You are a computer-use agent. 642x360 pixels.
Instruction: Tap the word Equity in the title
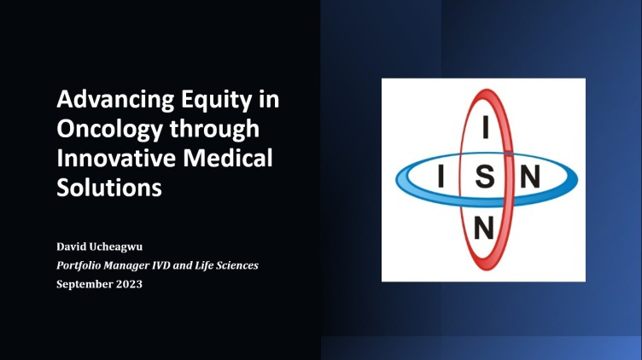coord(217,100)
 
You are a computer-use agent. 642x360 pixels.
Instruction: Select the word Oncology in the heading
coord(110,130)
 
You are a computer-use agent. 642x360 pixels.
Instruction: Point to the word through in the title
coord(214,130)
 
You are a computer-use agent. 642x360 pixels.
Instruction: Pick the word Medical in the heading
coord(228,158)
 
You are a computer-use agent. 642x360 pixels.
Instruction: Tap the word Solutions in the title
coord(109,188)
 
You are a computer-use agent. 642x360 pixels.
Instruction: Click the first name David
coord(71,247)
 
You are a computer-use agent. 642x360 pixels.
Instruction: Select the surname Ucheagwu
coord(115,247)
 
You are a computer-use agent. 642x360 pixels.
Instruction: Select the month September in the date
coord(85,284)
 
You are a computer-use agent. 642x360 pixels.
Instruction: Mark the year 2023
coord(129,284)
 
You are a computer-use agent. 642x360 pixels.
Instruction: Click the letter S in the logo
coord(485,177)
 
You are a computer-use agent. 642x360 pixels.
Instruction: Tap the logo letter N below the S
coord(483,228)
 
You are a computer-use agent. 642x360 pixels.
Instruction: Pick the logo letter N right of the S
coord(530,177)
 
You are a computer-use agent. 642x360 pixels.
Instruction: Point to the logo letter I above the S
coord(486,127)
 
